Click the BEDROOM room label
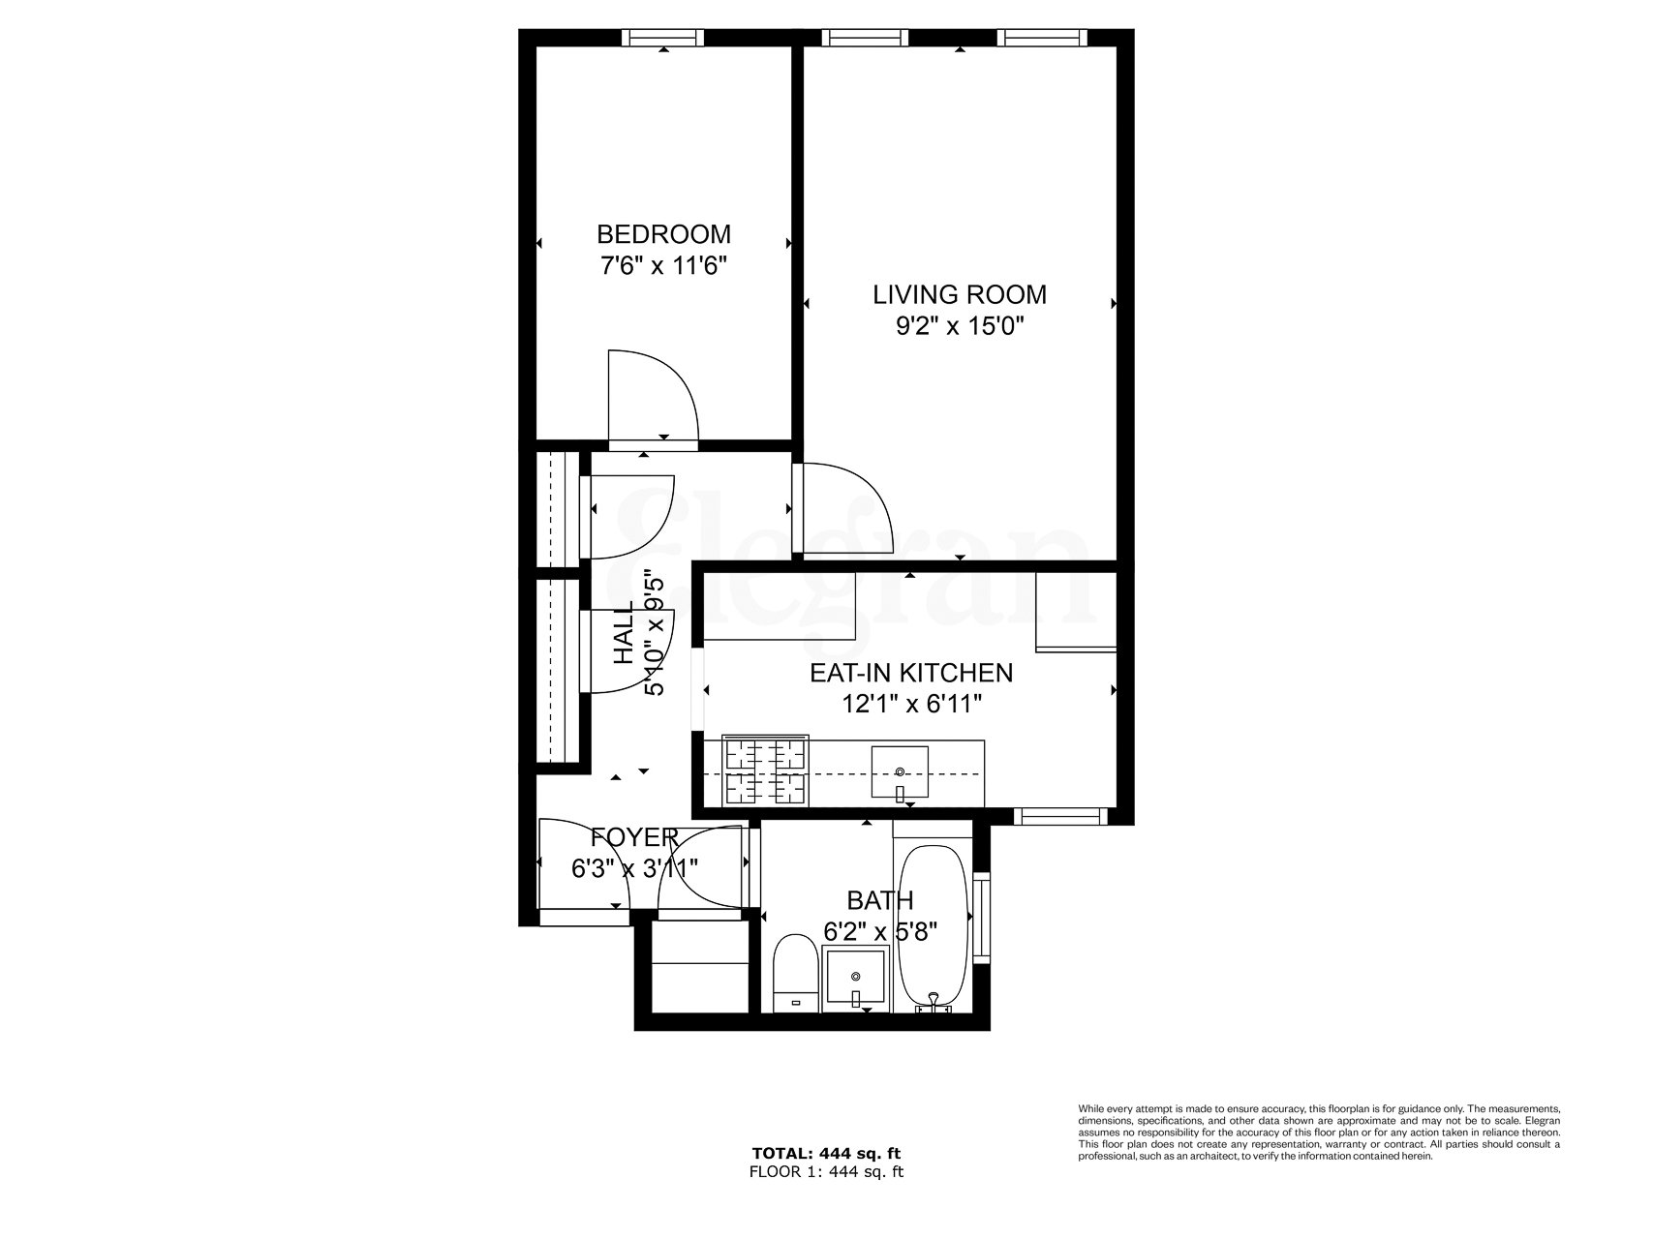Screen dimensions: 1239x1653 [x=663, y=234]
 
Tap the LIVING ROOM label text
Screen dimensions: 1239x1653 [x=960, y=294]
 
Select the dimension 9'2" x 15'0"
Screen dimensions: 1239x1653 [x=960, y=326]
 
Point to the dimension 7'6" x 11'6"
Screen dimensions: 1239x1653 [x=663, y=265]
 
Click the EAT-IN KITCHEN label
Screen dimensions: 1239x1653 [x=911, y=672]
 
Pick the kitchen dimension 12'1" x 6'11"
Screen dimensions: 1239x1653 [x=911, y=704]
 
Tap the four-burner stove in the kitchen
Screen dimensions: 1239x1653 [x=767, y=772]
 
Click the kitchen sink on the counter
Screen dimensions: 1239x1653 [x=901, y=772]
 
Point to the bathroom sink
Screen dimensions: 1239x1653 [x=855, y=980]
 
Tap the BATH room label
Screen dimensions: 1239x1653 [x=879, y=901]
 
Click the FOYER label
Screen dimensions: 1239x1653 [x=634, y=837]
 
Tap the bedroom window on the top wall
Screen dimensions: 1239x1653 [x=662, y=38]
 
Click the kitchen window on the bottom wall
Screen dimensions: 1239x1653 [x=1060, y=817]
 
